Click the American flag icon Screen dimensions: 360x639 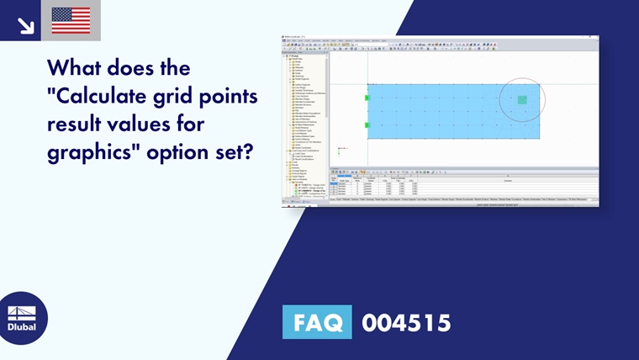coord(71,21)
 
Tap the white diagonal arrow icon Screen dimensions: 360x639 coord(25,24)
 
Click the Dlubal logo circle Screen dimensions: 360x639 coord(23,318)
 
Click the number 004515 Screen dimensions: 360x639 coord(406,323)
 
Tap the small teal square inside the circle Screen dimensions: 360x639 coord(522,100)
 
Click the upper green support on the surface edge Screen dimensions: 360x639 coord(367,98)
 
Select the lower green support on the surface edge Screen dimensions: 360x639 coord(367,125)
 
